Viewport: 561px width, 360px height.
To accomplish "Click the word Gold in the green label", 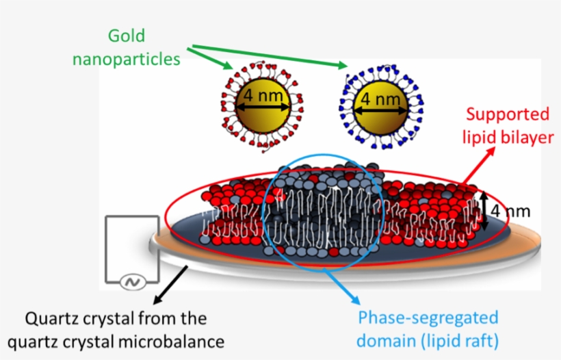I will tap(127, 36).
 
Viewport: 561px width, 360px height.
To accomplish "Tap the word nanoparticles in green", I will tap(127, 59).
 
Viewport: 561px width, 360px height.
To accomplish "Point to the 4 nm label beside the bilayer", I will tap(510, 211).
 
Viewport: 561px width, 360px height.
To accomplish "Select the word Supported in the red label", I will tap(508, 114).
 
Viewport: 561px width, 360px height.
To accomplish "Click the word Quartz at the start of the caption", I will tap(53, 319).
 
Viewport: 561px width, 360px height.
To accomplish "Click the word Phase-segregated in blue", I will tap(428, 318).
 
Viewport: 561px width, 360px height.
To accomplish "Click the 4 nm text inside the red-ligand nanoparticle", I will tap(263, 97).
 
